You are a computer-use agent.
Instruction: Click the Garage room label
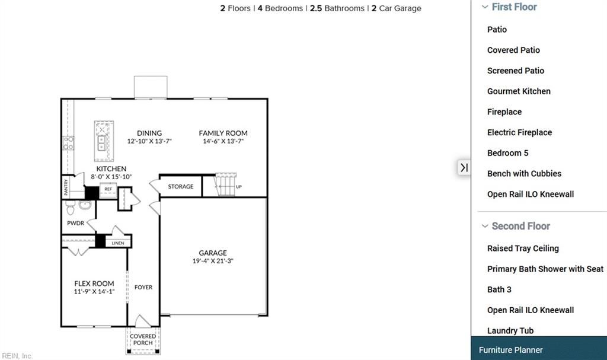[212, 253]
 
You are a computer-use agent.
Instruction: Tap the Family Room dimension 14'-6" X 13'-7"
[223, 142]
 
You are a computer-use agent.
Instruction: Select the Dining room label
[149, 133]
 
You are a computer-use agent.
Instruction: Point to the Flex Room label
[94, 283]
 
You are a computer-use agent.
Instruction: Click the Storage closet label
[180, 186]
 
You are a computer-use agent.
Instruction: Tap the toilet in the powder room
[70, 208]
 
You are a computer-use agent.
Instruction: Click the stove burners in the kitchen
[69, 142]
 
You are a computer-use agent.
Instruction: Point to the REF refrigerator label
[108, 189]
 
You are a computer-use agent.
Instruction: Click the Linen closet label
[118, 243]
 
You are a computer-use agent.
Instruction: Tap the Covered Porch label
[143, 339]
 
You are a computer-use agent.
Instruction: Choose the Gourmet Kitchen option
[519, 91]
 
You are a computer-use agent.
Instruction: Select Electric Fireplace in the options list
[519, 132]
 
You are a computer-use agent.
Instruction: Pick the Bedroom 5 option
[507, 153]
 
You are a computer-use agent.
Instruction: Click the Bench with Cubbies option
[524, 174]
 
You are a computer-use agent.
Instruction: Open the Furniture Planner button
[511, 350]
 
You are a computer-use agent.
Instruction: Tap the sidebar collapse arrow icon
[464, 168]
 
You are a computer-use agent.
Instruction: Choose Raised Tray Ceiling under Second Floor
[523, 249]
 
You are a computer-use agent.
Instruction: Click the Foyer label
[143, 287]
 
